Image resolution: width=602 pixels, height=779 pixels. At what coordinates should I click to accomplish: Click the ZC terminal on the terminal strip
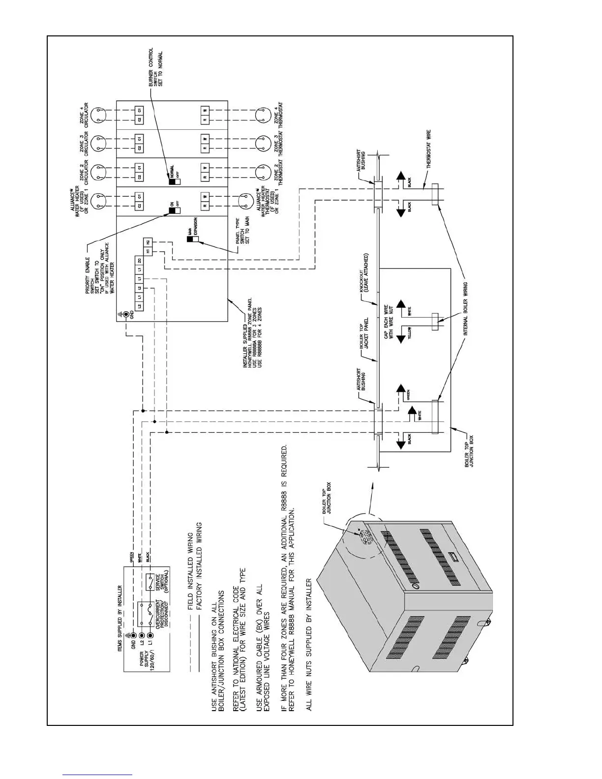pyautogui.click(x=140, y=260)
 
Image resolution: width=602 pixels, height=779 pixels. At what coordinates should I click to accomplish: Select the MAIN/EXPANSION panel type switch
pyautogui.click(x=192, y=239)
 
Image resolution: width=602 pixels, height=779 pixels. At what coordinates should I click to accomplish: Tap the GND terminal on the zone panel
pyautogui.click(x=126, y=314)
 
